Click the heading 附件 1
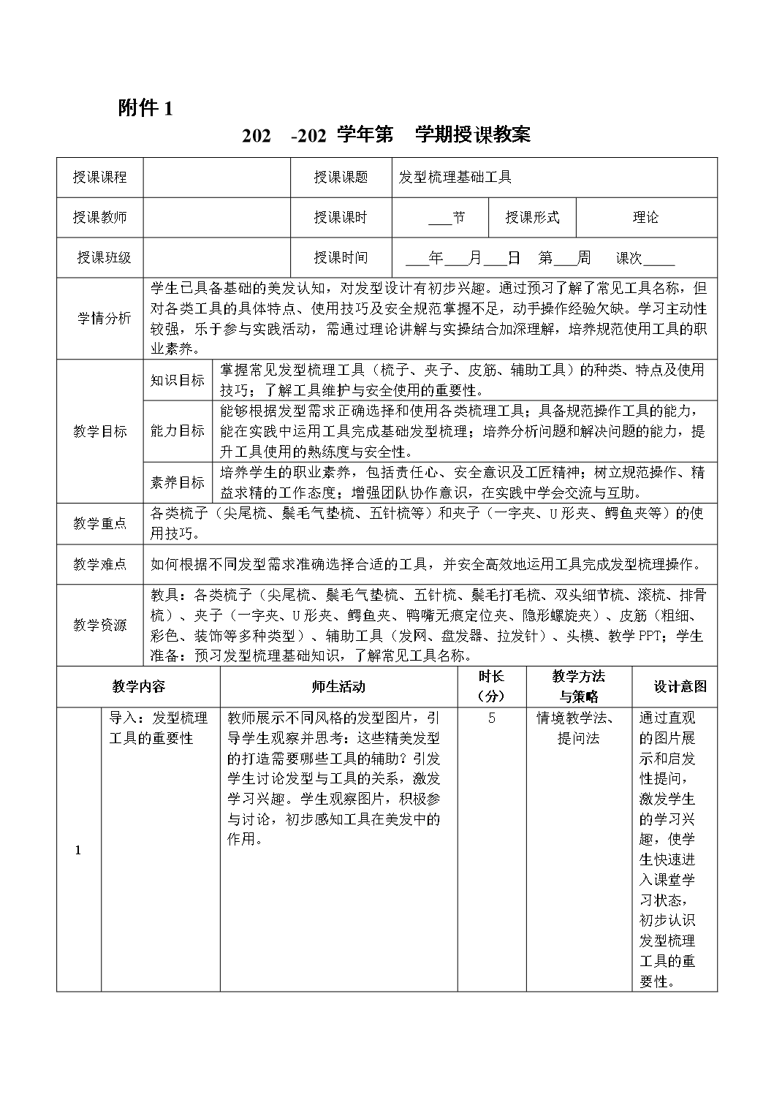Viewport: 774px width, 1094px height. tap(146, 109)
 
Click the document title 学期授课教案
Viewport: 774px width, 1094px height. tap(473, 134)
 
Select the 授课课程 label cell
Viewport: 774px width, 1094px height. tap(100, 178)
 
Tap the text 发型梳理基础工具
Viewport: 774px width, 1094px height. tap(455, 178)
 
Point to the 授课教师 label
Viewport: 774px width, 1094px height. tap(100, 218)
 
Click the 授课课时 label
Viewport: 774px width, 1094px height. tap(341, 218)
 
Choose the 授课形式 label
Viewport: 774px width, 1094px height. tap(532, 218)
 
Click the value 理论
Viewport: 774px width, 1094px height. tap(645, 218)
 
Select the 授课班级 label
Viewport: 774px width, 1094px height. tap(104, 258)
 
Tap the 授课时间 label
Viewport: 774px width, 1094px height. tap(341, 258)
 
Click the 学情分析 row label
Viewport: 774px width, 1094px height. tap(105, 319)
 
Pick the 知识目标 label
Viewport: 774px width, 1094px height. tap(178, 381)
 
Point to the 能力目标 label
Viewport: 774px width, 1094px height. tap(178, 431)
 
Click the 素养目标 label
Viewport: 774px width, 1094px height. tap(178, 483)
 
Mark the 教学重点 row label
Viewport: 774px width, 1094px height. tap(100, 524)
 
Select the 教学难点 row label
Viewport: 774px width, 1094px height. tap(100, 564)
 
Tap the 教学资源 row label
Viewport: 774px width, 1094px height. tap(100, 626)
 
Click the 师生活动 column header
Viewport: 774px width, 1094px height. tap(338, 687)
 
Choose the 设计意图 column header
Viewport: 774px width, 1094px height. tap(680, 687)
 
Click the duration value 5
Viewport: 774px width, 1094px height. tap(492, 718)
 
